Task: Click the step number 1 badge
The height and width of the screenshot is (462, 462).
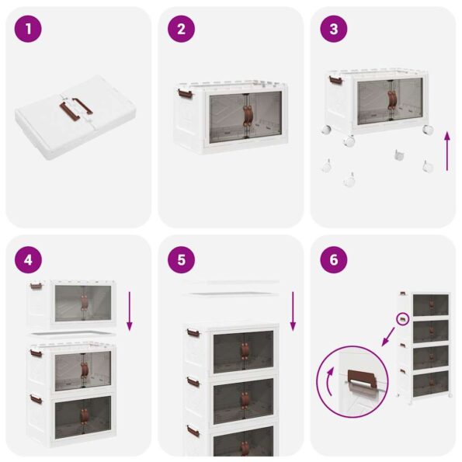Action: [29, 30]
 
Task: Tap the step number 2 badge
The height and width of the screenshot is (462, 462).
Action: [182, 30]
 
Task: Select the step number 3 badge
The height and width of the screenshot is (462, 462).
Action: [334, 30]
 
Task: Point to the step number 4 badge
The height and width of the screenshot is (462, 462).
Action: [29, 259]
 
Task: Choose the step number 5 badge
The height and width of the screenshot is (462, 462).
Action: [182, 259]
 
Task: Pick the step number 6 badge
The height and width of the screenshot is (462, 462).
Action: [334, 259]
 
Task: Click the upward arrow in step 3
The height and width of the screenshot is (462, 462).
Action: [446, 151]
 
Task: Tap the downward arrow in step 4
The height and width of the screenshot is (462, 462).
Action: [129, 310]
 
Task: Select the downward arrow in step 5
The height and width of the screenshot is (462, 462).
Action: [292, 310]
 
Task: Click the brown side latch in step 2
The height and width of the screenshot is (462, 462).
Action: [186, 95]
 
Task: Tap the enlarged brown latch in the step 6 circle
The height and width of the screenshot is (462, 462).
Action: [359, 380]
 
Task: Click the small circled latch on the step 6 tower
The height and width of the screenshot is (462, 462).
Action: [403, 318]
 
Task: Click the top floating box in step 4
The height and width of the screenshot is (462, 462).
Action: [73, 303]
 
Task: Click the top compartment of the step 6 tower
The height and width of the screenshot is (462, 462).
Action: [429, 305]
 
